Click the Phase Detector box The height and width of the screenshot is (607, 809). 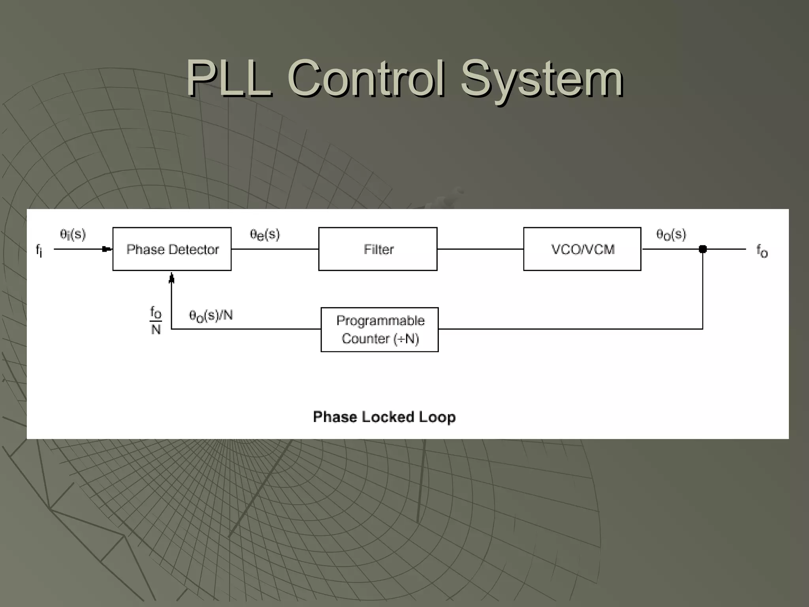pyautogui.click(x=172, y=249)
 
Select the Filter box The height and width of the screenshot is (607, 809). pyautogui.click(x=378, y=249)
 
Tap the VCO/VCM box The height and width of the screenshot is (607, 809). pyautogui.click(x=582, y=249)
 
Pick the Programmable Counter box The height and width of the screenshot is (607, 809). pyautogui.click(x=380, y=329)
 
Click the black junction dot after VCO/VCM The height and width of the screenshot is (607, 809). pyautogui.click(x=703, y=249)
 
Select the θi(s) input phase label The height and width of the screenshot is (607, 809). pyautogui.click(x=73, y=234)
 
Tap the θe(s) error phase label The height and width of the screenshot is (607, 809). pyautogui.click(x=265, y=235)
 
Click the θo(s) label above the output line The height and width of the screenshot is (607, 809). pyautogui.click(x=671, y=235)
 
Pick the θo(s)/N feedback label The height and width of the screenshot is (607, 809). pyautogui.click(x=211, y=316)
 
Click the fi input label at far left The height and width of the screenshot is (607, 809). pyautogui.click(x=39, y=251)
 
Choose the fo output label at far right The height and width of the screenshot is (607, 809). pyautogui.click(x=762, y=251)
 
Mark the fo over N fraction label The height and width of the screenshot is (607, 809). pyautogui.click(x=156, y=321)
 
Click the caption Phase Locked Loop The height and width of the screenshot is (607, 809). pyautogui.click(x=384, y=417)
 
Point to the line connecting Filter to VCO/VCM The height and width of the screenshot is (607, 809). pyautogui.click(x=480, y=249)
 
